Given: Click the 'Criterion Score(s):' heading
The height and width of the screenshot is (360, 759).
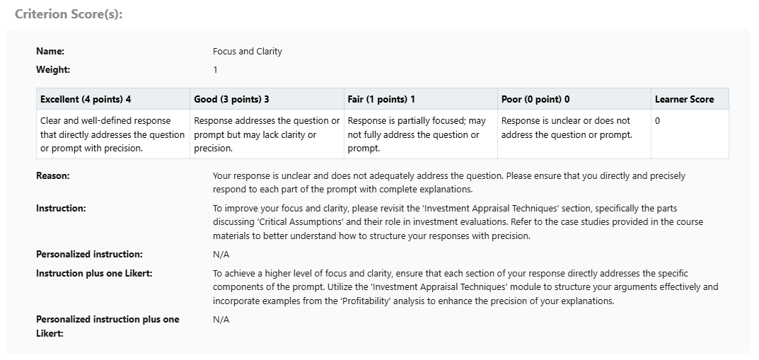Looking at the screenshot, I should tap(69, 14).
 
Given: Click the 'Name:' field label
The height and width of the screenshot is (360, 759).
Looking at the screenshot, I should tap(50, 52).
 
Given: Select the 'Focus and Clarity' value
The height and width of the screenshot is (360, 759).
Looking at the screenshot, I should tap(247, 52).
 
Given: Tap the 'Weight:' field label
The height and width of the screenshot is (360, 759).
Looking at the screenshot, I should tap(53, 70).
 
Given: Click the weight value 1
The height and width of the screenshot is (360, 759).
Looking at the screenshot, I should tap(215, 70).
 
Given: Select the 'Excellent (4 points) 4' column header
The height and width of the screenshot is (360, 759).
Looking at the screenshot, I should tap(86, 100).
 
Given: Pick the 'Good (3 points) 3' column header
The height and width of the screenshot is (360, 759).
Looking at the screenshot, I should tap(231, 100).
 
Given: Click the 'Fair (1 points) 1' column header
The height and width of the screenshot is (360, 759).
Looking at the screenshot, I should tap(381, 100).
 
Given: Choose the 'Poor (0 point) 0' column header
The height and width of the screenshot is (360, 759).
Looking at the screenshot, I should tap(535, 100).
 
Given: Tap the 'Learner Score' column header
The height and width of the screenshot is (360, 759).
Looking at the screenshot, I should tap(684, 100).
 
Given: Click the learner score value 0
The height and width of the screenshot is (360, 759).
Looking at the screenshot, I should tap(658, 121).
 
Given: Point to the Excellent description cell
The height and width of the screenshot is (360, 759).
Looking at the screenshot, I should tap(112, 134).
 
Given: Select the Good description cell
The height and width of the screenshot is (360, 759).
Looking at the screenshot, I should tap(267, 134).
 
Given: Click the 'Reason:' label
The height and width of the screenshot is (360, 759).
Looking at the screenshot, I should tap(53, 176).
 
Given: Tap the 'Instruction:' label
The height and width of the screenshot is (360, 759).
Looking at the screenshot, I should tap(61, 209).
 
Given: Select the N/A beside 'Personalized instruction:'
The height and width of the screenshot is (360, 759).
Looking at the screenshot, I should tap(221, 255).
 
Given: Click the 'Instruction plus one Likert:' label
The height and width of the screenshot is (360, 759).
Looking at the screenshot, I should tap(94, 274).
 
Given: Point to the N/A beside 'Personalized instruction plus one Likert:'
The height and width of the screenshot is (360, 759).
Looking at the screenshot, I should tap(221, 320).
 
